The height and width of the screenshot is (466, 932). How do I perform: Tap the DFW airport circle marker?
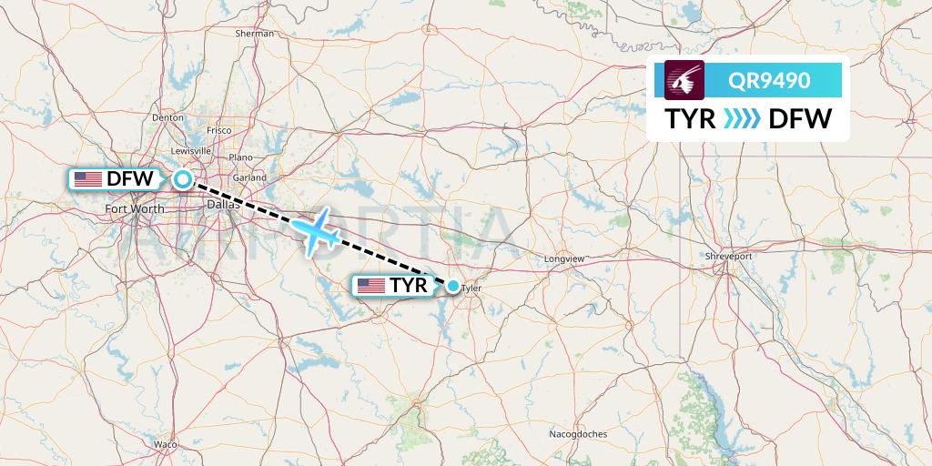[x=183, y=179]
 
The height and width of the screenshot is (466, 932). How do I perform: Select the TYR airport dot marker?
[x=453, y=287]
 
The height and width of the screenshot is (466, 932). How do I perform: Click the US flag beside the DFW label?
[x=88, y=179]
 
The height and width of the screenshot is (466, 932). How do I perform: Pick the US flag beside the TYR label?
[x=370, y=287]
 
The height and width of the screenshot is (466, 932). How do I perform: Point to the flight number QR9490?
[x=769, y=80]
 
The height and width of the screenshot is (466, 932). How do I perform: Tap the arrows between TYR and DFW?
[x=741, y=118]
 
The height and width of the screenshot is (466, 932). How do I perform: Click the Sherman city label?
[x=255, y=34]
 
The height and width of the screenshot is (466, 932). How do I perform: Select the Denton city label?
[x=168, y=117]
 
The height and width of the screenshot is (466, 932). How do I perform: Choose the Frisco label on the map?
[x=219, y=130]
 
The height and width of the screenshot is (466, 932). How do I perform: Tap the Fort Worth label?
[x=135, y=209]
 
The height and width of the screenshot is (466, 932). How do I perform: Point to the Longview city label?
[x=564, y=259]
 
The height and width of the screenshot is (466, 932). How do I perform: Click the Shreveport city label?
[x=729, y=257]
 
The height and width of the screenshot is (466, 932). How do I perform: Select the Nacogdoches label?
[x=578, y=434]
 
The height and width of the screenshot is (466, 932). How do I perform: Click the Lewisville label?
[x=189, y=151]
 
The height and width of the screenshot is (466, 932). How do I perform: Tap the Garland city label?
[x=248, y=177]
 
